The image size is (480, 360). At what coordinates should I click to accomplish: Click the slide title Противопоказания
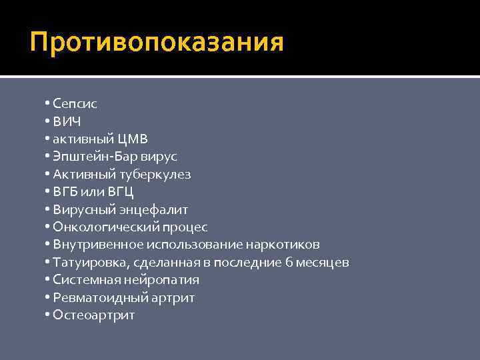pos(157,43)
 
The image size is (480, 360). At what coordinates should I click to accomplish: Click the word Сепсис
pos(75,104)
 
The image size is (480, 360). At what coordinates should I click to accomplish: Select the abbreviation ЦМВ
pos(132,139)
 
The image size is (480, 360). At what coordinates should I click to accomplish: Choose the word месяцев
pos(322,263)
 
